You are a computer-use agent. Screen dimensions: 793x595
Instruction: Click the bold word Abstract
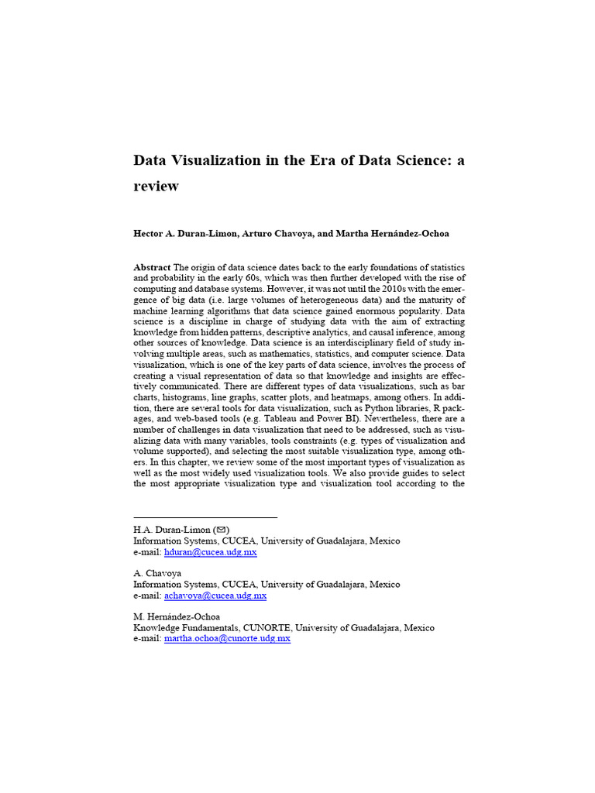pyautogui.click(x=152, y=267)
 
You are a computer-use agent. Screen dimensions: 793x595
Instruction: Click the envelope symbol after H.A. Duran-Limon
pyautogui.click(x=220, y=530)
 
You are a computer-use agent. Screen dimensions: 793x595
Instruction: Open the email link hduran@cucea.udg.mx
pyautogui.click(x=211, y=552)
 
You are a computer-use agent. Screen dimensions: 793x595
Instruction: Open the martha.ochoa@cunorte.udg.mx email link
pyautogui.click(x=227, y=639)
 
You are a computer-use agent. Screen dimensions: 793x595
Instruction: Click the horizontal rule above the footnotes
pyautogui.click(x=205, y=517)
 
